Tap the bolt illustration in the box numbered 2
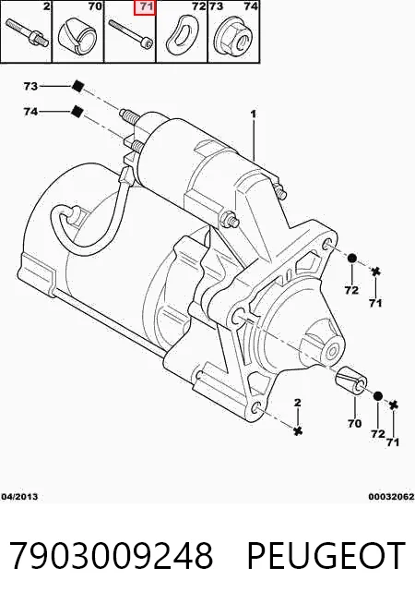(x=27, y=33)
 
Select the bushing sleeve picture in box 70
(x=78, y=35)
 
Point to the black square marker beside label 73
(x=77, y=86)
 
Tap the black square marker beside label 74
(x=77, y=112)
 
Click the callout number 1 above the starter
(x=253, y=114)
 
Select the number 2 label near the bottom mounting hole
(x=297, y=403)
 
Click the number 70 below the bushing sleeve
(x=354, y=423)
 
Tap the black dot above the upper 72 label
(x=352, y=258)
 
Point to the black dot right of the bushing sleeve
(x=378, y=395)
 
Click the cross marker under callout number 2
(x=297, y=430)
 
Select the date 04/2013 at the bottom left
(x=20, y=497)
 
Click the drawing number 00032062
(x=392, y=497)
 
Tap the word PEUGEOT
(x=326, y=556)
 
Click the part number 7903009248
(x=112, y=556)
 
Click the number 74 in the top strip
(x=251, y=6)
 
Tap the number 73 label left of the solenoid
(x=30, y=86)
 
